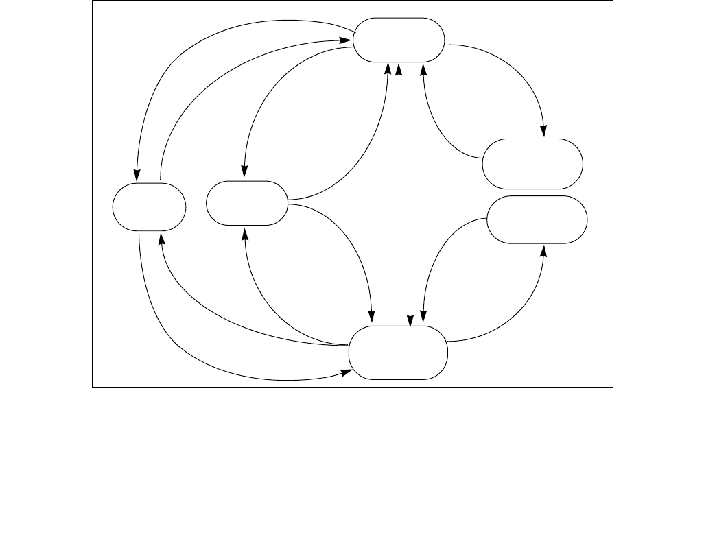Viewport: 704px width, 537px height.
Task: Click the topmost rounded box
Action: (x=399, y=40)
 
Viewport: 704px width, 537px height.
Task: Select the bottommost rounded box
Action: (x=398, y=353)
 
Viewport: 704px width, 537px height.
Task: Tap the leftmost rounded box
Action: (x=150, y=206)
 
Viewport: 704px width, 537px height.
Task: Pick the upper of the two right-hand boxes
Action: (x=532, y=163)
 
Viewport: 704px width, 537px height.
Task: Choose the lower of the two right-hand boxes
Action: (x=537, y=219)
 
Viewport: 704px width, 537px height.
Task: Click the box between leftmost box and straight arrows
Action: (x=247, y=203)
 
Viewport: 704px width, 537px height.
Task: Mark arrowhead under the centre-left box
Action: (x=245, y=233)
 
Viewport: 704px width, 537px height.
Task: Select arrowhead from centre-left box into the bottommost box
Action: (x=372, y=316)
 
